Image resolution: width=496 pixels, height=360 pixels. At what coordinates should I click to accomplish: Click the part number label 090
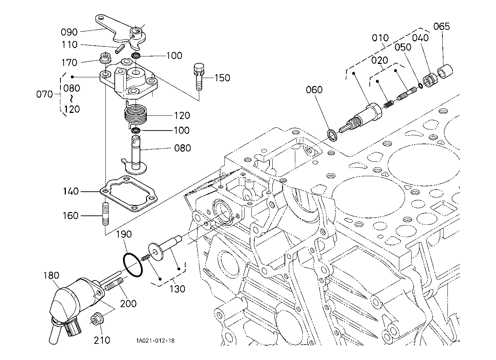point(69,32)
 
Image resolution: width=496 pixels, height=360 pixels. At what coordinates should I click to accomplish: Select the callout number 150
point(222,78)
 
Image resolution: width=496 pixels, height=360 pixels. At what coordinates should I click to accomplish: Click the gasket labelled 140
point(129,195)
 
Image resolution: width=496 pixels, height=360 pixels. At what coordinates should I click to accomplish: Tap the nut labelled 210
point(97,319)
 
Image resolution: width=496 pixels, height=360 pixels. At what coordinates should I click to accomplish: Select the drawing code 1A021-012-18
point(155,341)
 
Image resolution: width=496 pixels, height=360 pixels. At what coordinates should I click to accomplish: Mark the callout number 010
point(380,38)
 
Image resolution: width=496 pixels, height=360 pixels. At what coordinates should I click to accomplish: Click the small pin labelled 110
point(120,47)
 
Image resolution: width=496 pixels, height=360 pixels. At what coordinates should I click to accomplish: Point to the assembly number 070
point(45,94)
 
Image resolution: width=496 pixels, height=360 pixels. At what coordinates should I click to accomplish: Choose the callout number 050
point(403,47)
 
